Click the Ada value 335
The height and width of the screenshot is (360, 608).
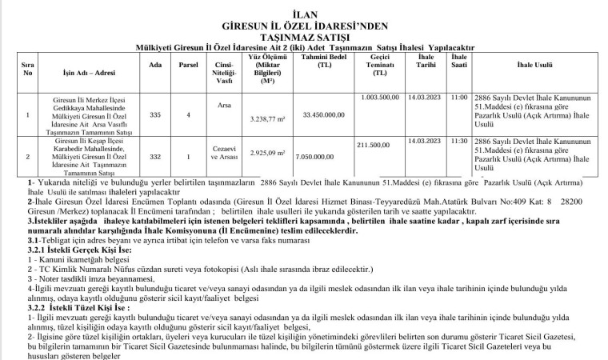coord(155,115)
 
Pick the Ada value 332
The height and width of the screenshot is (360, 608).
coord(155,158)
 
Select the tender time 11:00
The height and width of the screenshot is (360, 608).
coord(458,98)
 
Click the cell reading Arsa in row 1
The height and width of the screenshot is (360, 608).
coord(224,104)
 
